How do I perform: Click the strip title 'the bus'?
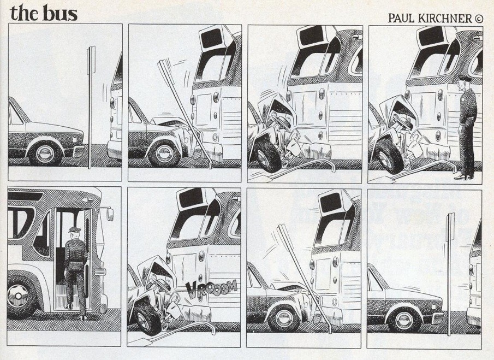pyautogui.click(x=44, y=13)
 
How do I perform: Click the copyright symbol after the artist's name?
pyautogui.click(x=478, y=19)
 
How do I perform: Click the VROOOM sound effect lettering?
pyautogui.click(x=211, y=288)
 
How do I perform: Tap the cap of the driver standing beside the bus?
pyautogui.click(x=465, y=78)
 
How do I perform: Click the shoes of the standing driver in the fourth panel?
pyautogui.click(x=464, y=176)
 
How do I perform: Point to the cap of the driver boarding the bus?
pyautogui.click(x=74, y=229)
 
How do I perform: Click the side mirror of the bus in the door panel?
pyautogui.click(x=110, y=214)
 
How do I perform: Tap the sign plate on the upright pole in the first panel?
pyautogui.click(x=91, y=61)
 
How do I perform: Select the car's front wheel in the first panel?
pyautogui.click(x=45, y=154)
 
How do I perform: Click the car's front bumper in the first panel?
pyautogui.click(x=79, y=151)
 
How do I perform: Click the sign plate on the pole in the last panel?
pyautogui.click(x=450, y=227)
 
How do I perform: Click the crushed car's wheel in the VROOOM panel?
pyautogui.click(x=147, y=319)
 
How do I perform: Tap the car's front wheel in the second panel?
pyautogui.click(x=164, y=154)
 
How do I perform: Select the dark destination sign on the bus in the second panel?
pyautogui.click(x=211, y=38)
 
